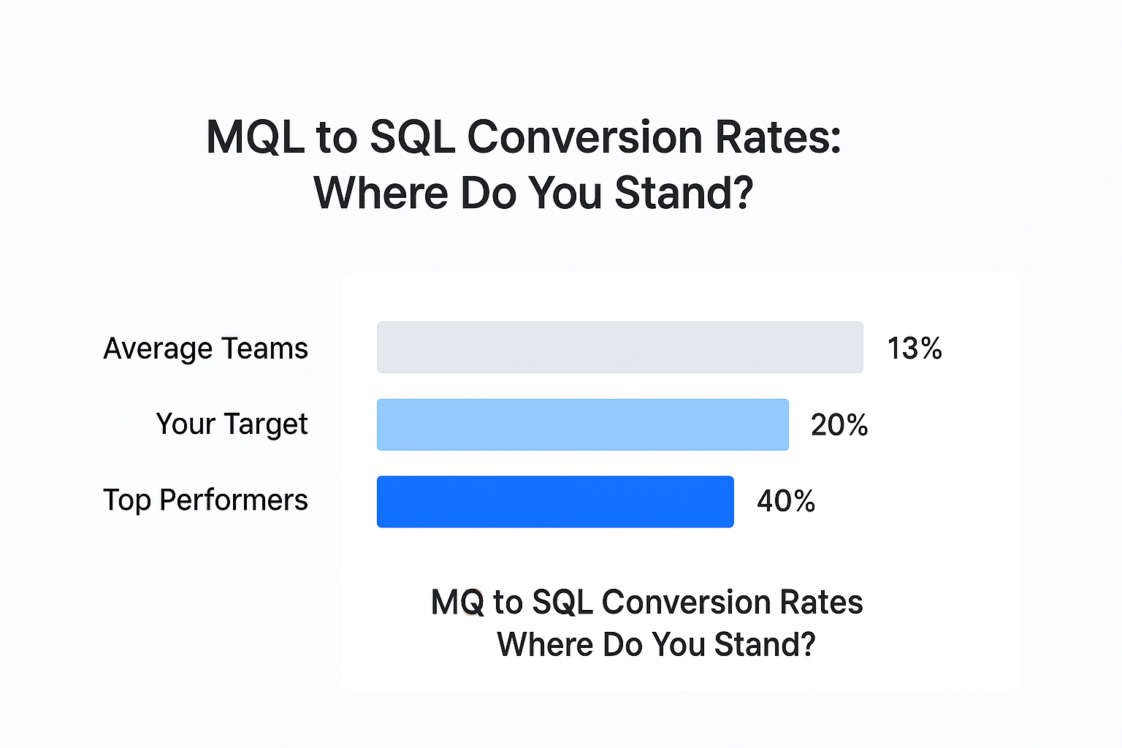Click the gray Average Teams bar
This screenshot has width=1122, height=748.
pos(620,347)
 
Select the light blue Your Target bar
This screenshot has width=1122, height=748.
pos(583,425)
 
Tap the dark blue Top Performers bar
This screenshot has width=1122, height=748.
pos(555,502)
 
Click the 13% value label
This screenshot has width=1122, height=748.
pos(915,348)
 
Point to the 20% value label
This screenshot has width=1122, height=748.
pos(839,425)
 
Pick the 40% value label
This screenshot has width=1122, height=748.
pos(787,501)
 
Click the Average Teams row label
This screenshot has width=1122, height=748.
pos(205,348)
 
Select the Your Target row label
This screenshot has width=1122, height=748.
pos(232,424)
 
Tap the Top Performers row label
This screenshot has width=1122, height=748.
pos(205,500)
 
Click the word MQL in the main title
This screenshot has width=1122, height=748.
pos(255,137)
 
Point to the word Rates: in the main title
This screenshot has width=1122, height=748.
pos(778,137)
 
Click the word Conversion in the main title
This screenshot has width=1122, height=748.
pos(584,137)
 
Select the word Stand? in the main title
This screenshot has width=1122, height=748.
pos(684,192)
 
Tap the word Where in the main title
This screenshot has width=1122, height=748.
pos(381,192)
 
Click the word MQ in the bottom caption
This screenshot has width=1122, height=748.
pos(457,602)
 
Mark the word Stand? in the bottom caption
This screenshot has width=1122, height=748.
pos(765,644)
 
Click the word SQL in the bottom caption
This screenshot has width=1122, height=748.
pos(562,602)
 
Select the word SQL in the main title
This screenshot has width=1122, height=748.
pos(413,137)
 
